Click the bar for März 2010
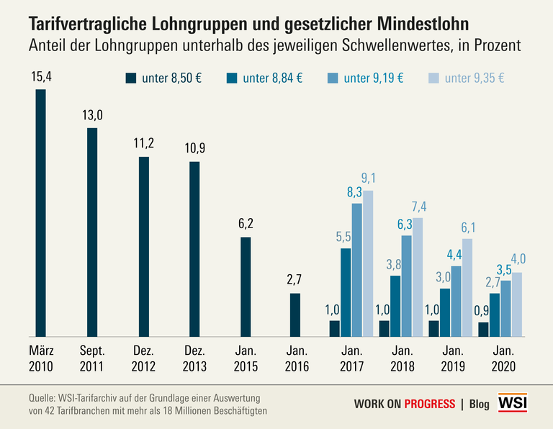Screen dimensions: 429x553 pos(41,212)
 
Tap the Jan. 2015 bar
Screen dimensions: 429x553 pos(246,286)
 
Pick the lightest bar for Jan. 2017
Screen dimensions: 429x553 pos(368,263)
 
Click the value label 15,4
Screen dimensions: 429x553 pos(40,76)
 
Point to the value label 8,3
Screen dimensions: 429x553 pos(356,192)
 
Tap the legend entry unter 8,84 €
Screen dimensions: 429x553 pos(273,78)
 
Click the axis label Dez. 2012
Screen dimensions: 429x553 pos(143,358)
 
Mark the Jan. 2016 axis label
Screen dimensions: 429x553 pos(297,358)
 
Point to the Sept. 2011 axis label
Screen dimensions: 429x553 pos(92,358)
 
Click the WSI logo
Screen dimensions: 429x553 pos(513,403)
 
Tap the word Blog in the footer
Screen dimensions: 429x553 pos(480,404)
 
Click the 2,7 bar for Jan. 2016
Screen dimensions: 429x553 pos(295,315)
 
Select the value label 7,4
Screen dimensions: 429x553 pos(418,207)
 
